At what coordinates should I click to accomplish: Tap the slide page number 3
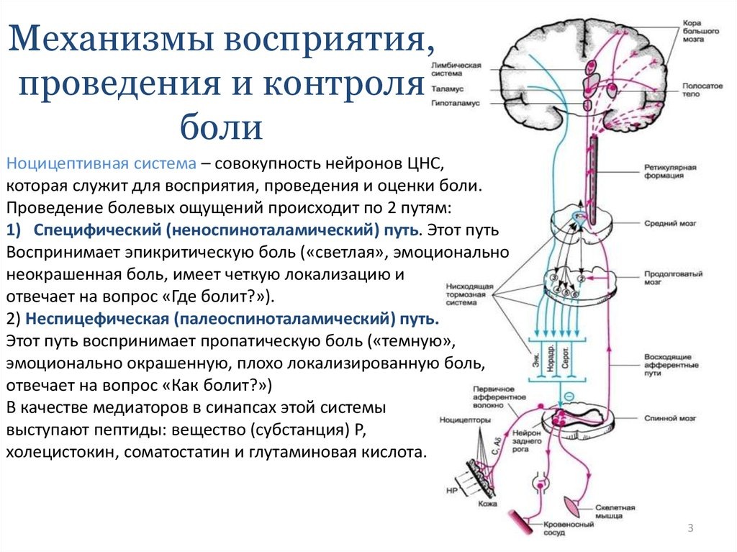690,529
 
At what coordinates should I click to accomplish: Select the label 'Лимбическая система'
455,69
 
